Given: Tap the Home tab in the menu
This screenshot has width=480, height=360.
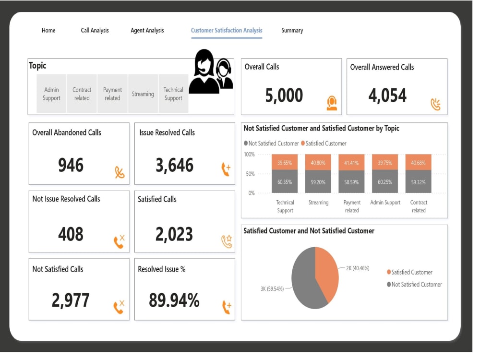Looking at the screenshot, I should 49,31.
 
